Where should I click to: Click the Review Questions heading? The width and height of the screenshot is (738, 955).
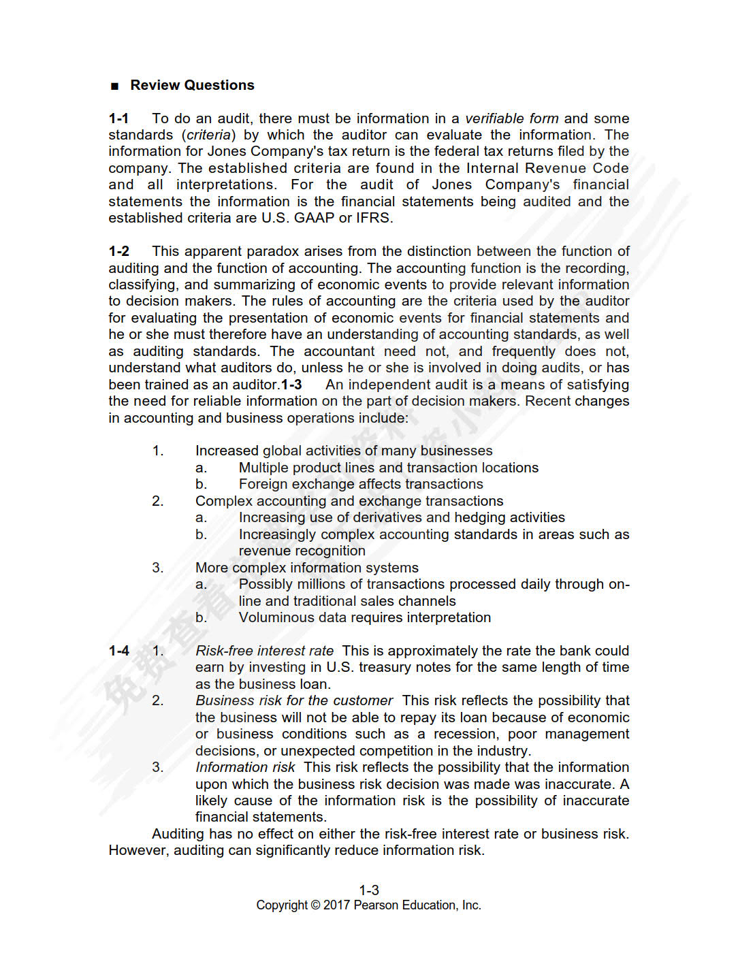tap(192, 85)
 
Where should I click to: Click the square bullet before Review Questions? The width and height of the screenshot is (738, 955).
tap(114, 86)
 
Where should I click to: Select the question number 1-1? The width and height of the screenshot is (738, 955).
tap(118, 118)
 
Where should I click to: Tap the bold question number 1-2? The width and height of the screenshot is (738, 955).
tap(118, 251)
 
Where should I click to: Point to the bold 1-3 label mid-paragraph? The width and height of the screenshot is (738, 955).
tap(291, 385)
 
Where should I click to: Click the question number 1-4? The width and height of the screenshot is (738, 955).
tap(118, 651)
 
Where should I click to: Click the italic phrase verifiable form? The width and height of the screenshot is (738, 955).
tap(511, 118)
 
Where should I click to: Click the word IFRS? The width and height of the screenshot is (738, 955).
tap(374, 218)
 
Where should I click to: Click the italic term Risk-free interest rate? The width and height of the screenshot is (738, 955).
tap(264, 651)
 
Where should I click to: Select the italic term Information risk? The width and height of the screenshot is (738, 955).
tap(245, 767)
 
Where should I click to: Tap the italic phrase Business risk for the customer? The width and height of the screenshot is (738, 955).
tap(294, 700)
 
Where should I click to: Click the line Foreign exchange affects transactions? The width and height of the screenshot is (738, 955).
tap(361, 484)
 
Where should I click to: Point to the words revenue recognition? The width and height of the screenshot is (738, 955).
tap(302, 551)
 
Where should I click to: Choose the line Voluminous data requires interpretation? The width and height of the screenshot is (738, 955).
tap(364, 617)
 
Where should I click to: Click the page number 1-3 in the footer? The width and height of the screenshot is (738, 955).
tap(369, 890)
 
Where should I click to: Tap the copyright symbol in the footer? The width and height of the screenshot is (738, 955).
tap(315, 905)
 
